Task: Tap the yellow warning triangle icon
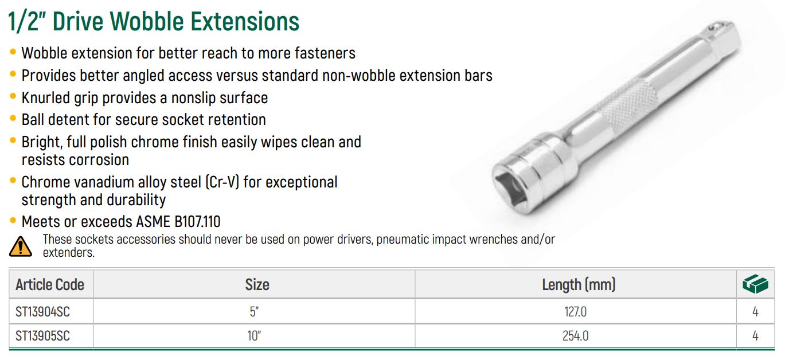pos(20,246)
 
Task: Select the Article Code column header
pos(50,285)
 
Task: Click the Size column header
pos(257,285)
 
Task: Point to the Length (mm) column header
pos(579,285)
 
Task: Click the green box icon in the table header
pos(755,284)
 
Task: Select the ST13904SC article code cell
pos(43,312)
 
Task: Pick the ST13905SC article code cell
pos(43,336)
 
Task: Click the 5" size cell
pos(254,311)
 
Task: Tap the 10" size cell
pos(254,336)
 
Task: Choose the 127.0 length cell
pos(576,312)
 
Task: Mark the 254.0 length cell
pos(576,336)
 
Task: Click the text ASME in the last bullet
pos(153,222)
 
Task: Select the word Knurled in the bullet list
pos(45,97)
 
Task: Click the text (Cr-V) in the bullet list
pos(222,182)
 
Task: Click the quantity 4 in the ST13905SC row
pos(755,336)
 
